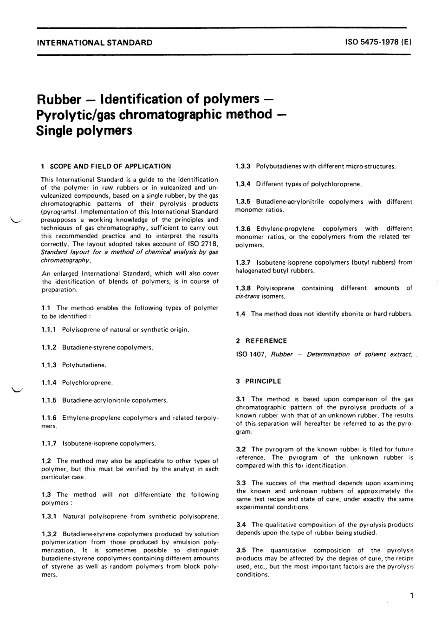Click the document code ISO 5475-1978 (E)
click(x=378, y=42)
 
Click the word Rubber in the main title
click(x=59, y=100)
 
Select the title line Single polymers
click(x=84, y=130)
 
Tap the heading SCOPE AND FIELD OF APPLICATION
click(x=110, y=166)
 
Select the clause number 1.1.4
click(x=49, y=383)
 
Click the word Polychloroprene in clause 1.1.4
click(x=87, y=383)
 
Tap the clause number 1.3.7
click(x=243, y=262)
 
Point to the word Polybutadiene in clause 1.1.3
click(x=84, y=365)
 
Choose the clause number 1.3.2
click(x=49, y=534)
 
